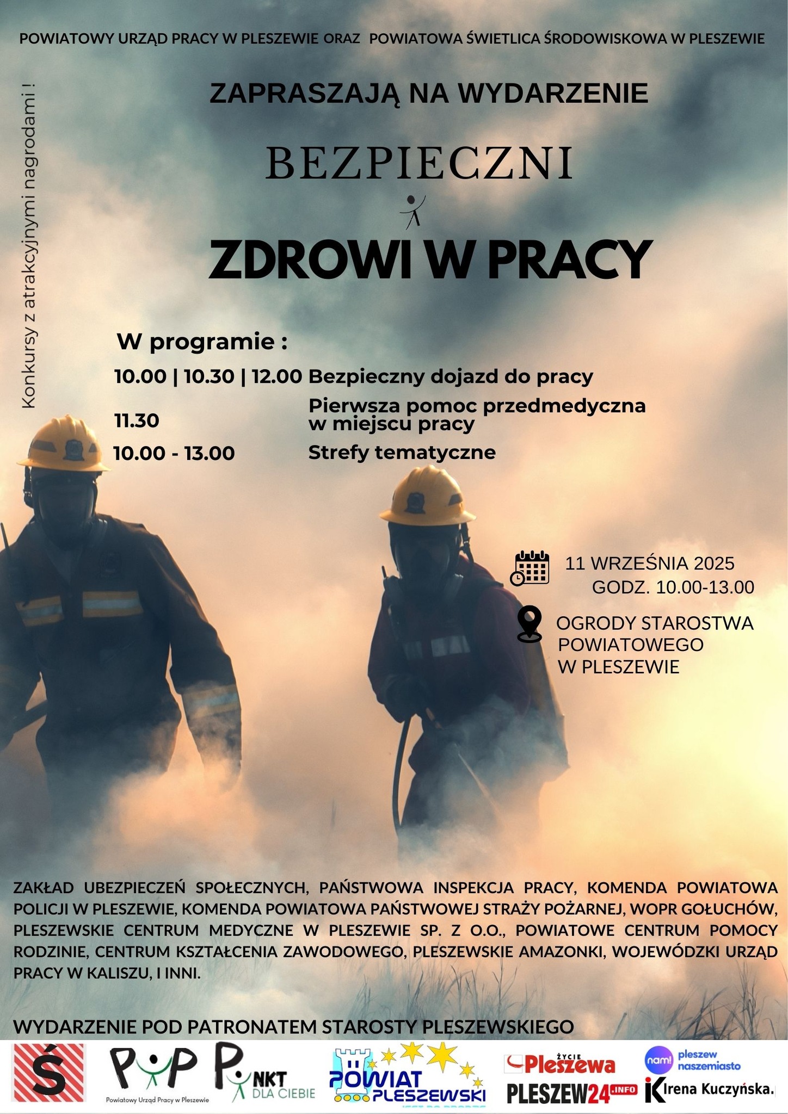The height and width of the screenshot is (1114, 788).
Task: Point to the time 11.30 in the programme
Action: click(136, 421)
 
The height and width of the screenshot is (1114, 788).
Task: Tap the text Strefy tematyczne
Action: click(402, 453)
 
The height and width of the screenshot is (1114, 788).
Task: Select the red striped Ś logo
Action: click(50, 1076)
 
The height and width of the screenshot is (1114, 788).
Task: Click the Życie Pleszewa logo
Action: click(561, 1063)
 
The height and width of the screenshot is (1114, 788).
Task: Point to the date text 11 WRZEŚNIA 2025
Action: click(649, 563)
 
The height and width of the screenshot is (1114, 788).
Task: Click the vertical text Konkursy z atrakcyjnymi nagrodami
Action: click(28, 245)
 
